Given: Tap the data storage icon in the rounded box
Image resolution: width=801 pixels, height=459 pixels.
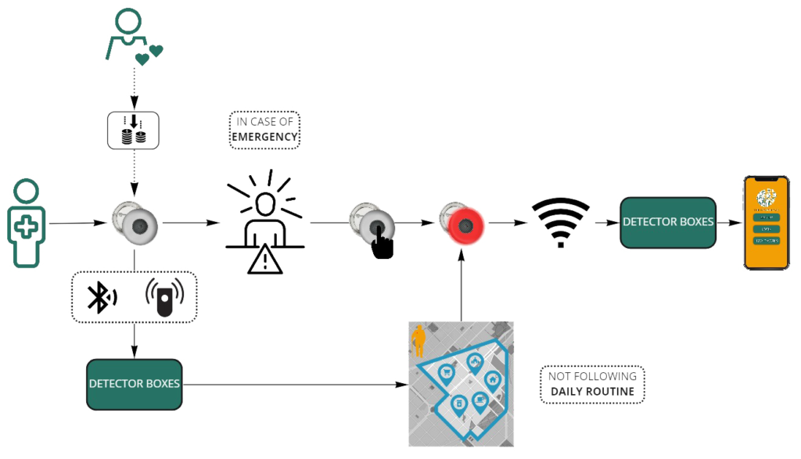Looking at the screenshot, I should pyautogui.click(x=134, y=128).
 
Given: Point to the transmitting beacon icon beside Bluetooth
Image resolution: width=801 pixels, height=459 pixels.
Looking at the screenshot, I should pyautogui.click(x=163, y=296).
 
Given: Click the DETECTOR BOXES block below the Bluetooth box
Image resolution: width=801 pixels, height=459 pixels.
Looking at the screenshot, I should pyautogui.click(x=135, y=384).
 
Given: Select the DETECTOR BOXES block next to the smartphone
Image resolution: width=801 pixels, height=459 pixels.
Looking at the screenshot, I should pyautogui.click(x=667, y=222).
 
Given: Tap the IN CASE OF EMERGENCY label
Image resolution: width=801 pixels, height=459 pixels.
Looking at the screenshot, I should pyautogui.click(x=265, y=130).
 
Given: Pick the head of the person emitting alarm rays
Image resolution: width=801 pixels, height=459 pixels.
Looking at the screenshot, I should pyautogui.click(x=265, y=206).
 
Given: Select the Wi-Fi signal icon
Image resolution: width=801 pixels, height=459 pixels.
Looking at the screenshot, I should pyautogui.click(x=560, y=222).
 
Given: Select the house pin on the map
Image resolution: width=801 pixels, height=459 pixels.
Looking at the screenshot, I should pyautogui.click(x=493, y=379).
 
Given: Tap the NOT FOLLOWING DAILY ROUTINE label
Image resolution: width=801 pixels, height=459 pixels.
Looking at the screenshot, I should pyautogui.click(x=592, y=384).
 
